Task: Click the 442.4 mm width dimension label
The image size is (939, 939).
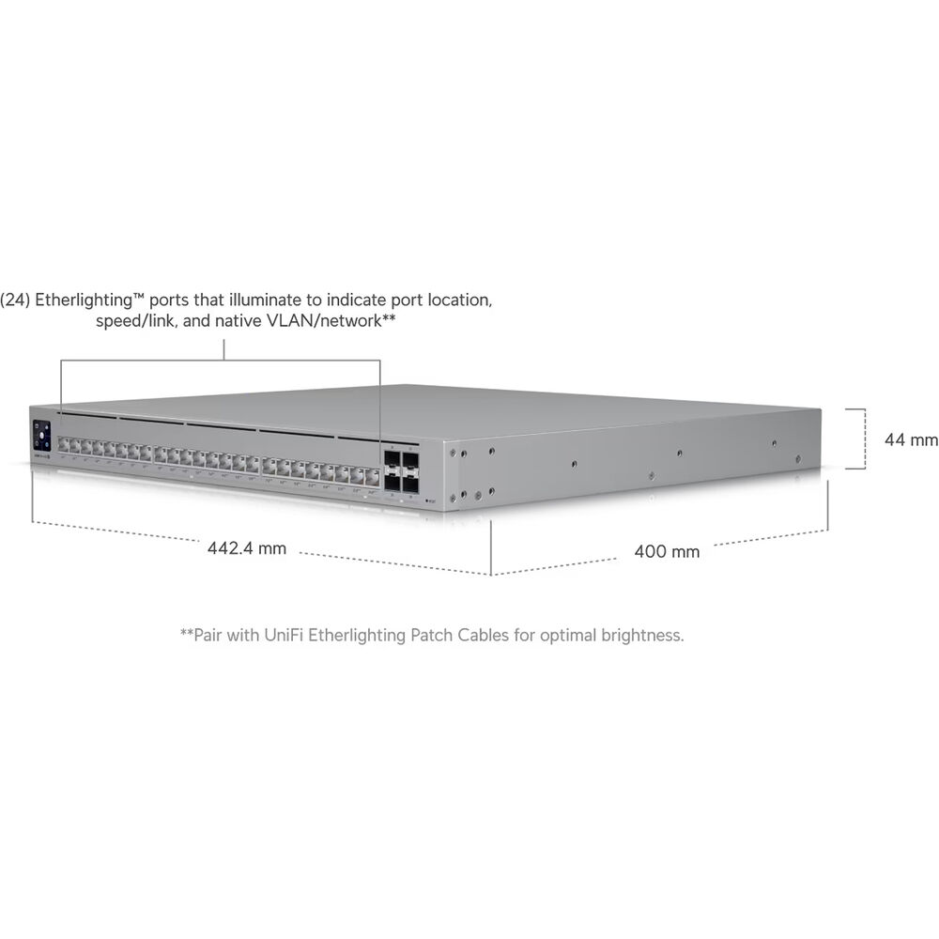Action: click(247, 548)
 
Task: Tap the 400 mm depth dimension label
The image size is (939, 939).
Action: click(667, 551)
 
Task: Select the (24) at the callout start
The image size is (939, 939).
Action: click(15, 300)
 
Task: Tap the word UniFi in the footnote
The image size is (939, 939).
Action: click(284, 635)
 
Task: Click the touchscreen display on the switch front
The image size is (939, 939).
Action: click(41, 435)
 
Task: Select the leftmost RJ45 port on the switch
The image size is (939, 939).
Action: click(64, 445)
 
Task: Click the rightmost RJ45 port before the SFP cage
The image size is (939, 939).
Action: click(373, 477)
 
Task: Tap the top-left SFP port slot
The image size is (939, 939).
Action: click(393, 459)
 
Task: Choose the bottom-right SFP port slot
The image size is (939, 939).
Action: click(411, 484)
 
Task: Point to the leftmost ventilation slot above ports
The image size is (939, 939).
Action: click(87, 414)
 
